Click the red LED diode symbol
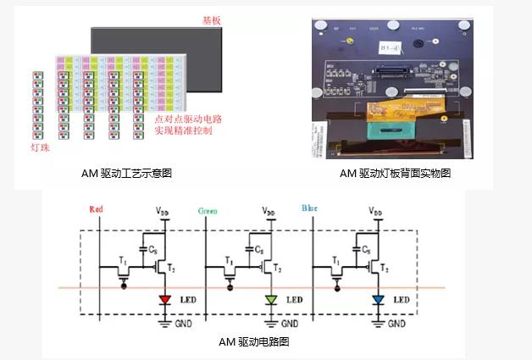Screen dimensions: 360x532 tap(165, 300)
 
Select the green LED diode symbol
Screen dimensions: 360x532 tap(271, 300)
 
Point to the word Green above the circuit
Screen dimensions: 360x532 tap(208, 210)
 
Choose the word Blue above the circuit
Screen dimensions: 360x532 tap(310, 208)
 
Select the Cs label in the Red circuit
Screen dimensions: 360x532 tap(152, 250)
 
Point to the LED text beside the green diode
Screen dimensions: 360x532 tap(294, 300)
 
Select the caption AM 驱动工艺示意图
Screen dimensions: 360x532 tap(125, 173)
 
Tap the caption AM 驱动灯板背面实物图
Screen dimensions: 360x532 tap(395, 173)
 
